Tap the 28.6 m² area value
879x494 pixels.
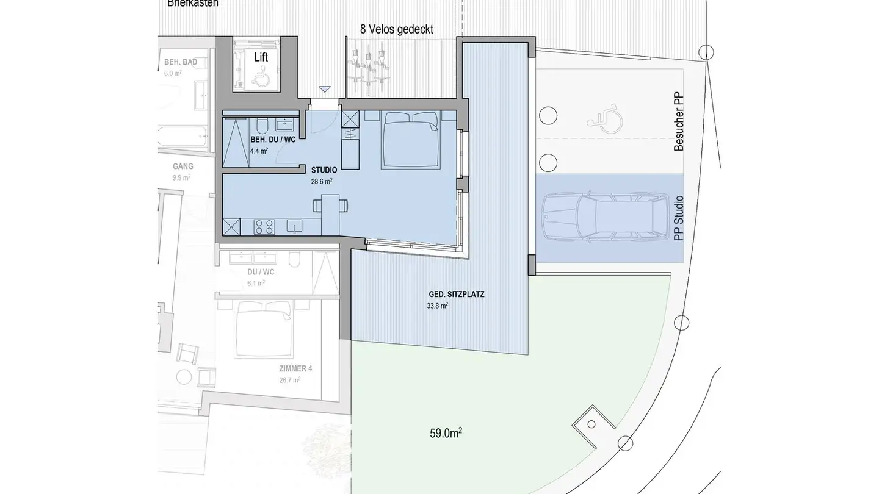click(320, 181)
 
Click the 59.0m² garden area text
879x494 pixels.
click(446, 434)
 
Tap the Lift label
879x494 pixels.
click(261, 57)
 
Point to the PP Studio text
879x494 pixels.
click(678, 218)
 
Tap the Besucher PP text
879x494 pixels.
click(678, 121)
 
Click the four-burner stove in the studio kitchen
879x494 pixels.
click(264, 227)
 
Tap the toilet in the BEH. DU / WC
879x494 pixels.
click(261, 126)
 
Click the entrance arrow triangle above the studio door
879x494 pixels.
click(325, 90)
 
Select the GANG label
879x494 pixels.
click(183, 166)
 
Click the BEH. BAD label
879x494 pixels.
click(179, 63)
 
